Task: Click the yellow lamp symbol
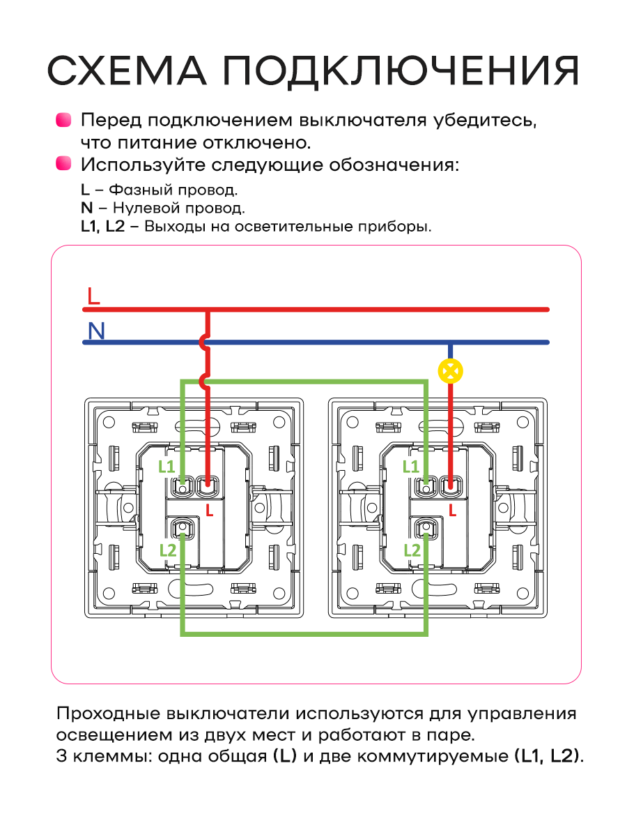[450, 371]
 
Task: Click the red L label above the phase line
[93, 296]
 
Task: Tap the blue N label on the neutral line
[96, 331]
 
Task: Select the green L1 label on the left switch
[167, 466]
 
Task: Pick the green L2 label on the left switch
[168, 550]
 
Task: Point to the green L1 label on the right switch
[410, 466]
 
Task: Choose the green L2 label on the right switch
[412, 550]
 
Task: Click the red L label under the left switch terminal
[210, 510]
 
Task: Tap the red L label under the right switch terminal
[453, 510]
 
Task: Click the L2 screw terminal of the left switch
[183, 528]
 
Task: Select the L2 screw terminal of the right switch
[426, 528]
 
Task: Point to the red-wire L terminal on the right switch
[451, 487]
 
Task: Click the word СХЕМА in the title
[127, 70]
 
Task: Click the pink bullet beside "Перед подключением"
[63, 120]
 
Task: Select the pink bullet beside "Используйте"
[63, 163]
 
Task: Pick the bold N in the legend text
[87, 208]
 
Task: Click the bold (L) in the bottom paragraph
[285, 756]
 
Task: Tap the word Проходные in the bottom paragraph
[109, 714]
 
